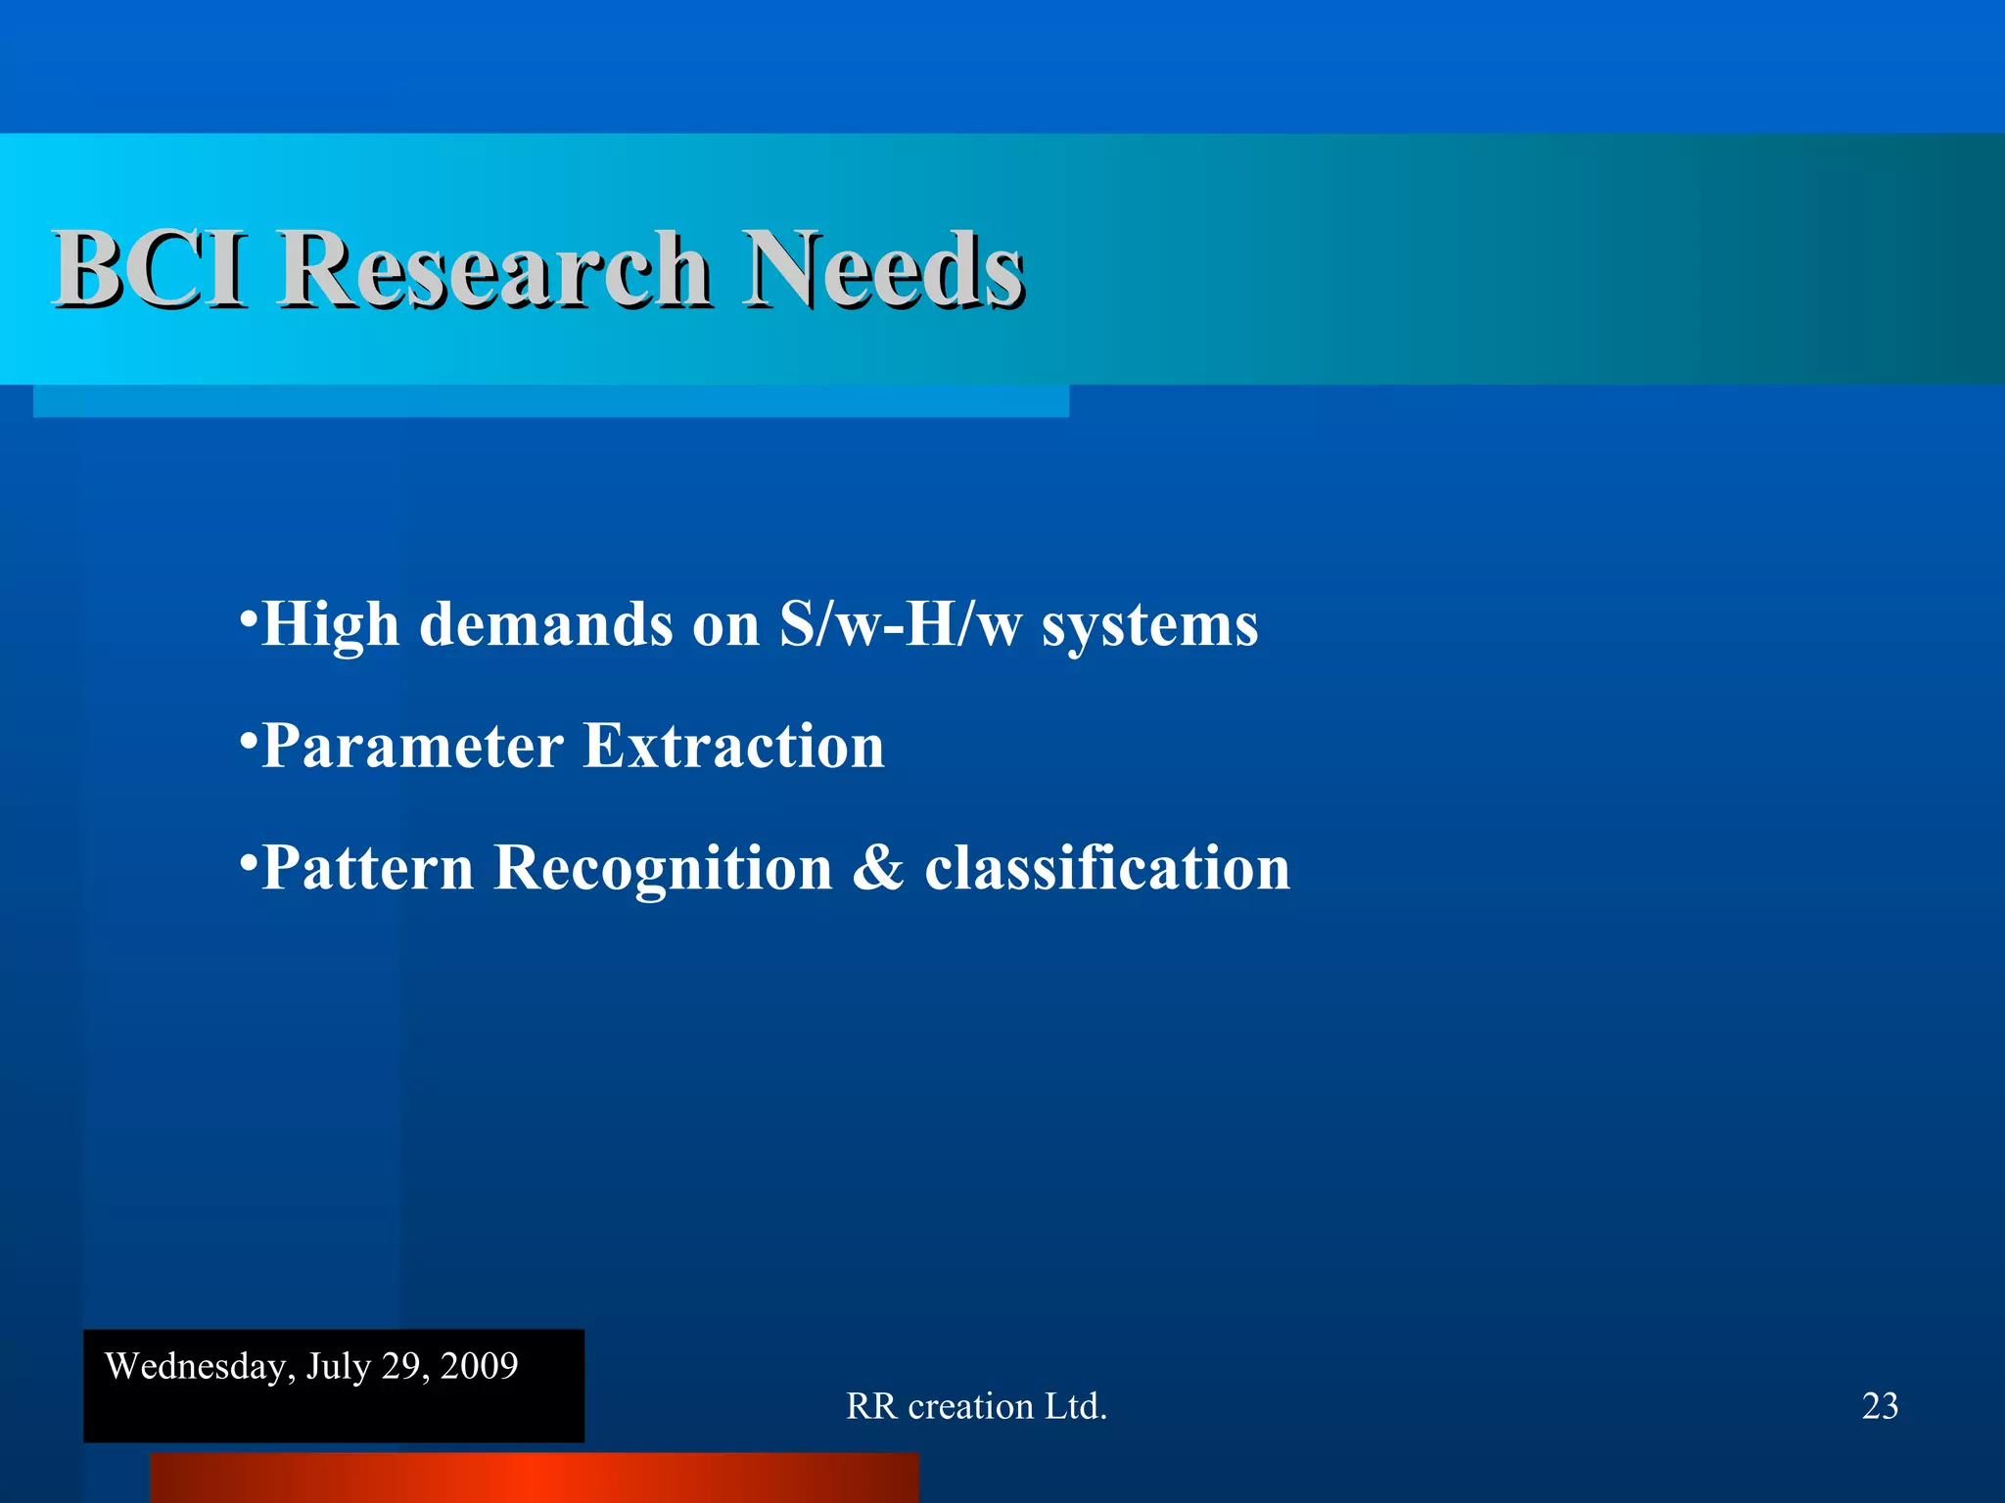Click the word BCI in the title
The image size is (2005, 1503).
149,268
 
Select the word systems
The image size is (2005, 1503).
1149,626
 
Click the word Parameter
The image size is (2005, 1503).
412,747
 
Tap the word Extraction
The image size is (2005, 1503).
733,747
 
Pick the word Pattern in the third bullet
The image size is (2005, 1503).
367,869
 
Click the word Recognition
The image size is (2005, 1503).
663,869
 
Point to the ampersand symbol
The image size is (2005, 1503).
878,869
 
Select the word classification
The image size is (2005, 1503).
1107,869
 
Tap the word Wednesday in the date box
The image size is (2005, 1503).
195,1366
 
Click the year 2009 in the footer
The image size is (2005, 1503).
479,1366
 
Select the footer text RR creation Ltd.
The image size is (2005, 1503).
976,1406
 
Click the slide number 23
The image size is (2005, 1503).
1880,1406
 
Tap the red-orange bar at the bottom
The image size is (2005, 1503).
534,1478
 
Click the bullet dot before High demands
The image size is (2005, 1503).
249,617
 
